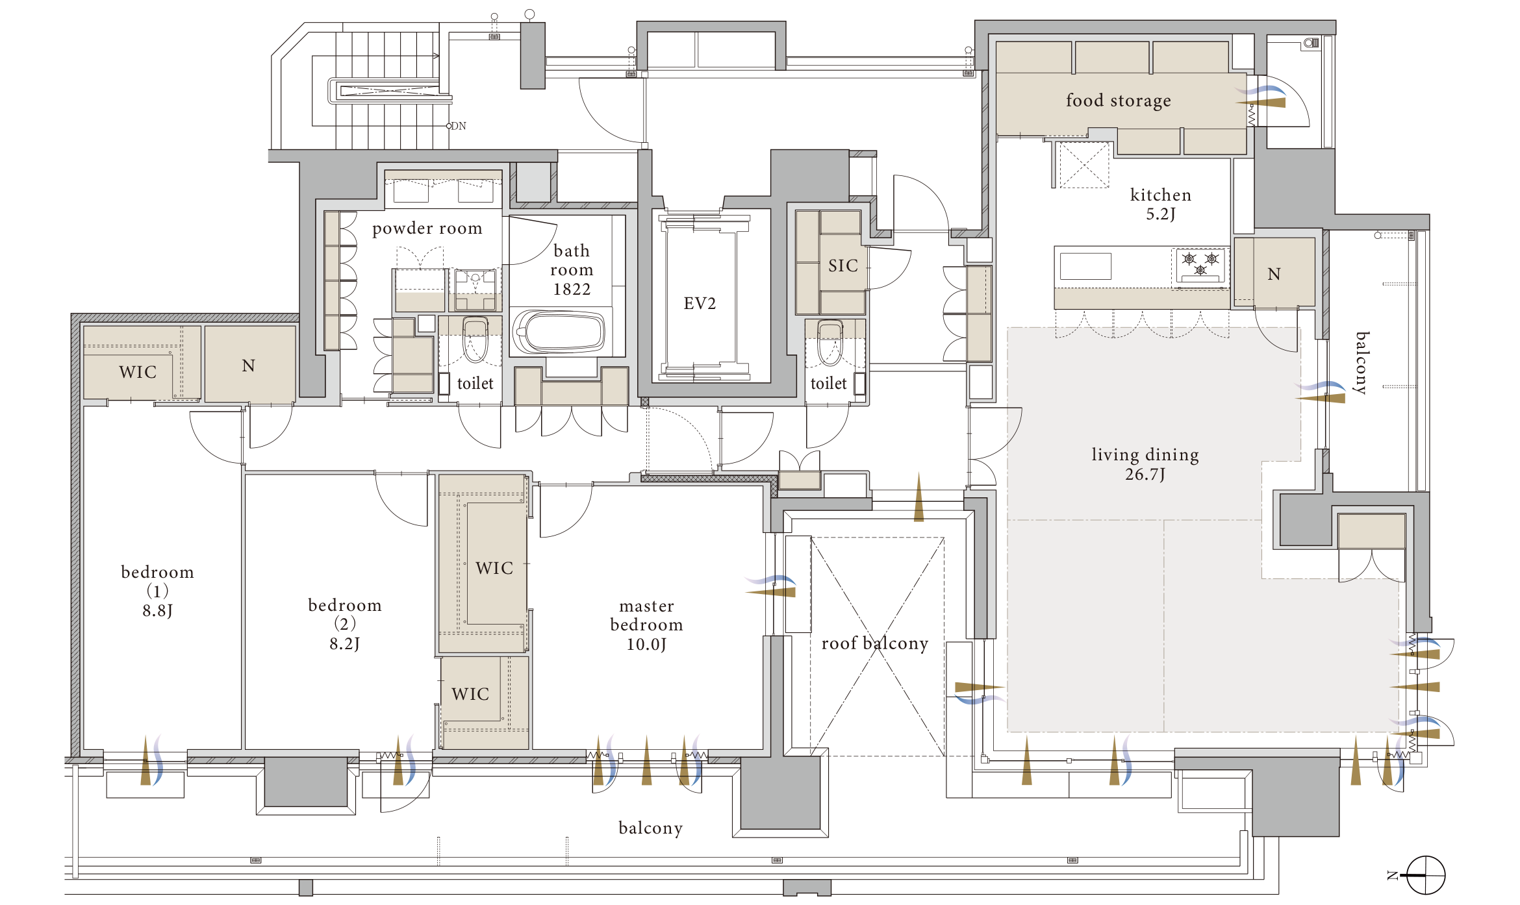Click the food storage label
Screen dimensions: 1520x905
point(1119,101)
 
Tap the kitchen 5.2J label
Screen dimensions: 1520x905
point(1161,204)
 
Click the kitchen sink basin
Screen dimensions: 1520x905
point(1085,266)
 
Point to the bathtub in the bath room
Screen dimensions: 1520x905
point(559,332)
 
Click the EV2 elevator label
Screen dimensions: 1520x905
point(700,303)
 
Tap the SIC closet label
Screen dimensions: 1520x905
point(843,266)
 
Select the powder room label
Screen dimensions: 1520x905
point(427,229)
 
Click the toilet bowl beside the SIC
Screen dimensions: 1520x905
point(830,342)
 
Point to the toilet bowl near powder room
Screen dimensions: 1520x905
point(475,339)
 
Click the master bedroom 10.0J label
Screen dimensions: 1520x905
point(646,625)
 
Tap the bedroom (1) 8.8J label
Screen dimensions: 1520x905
point(157,591)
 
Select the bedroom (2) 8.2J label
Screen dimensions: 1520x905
point(344,624)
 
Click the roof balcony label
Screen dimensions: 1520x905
point(875,643)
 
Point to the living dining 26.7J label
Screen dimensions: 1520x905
point(1145,464)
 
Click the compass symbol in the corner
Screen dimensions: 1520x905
point(1425,875)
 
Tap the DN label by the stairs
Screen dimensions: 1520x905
point(459,126)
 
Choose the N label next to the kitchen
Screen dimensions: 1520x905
point(1274,274)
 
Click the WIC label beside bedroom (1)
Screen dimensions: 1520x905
point(138,372)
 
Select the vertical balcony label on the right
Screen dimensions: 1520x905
point(1362,363)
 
